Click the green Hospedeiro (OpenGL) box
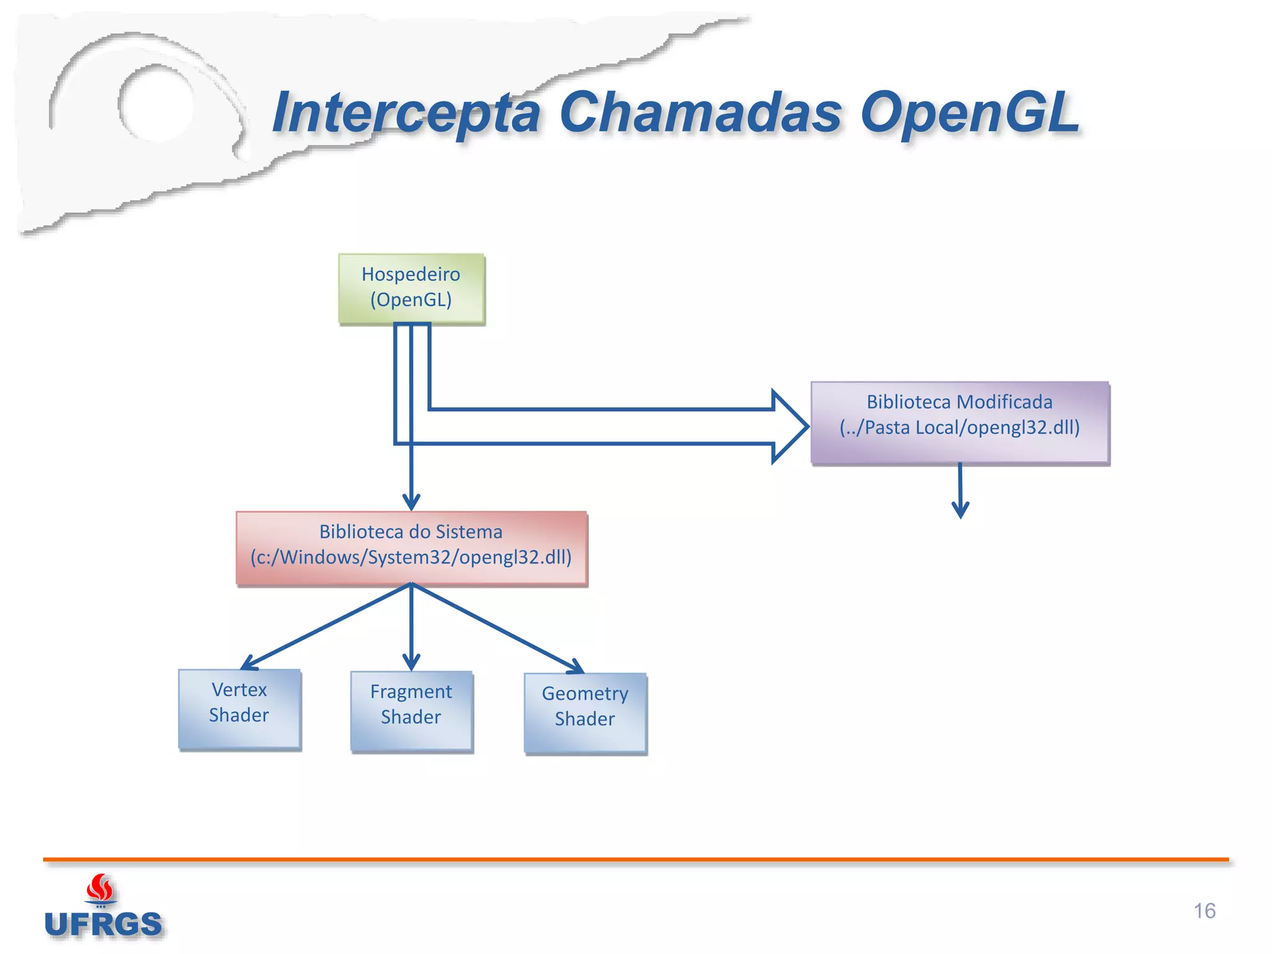click(x=411, y=288)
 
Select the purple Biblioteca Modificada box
click(x=960, y=423)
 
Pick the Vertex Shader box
click(x=239, y=709)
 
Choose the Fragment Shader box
click(x=411, y=711)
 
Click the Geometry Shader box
click(x=585, y=713)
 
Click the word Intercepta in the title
click(x=407, y=113)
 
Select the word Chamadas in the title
click(x=700, y=113)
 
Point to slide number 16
click(x=1204, y=911)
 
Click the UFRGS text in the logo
click(x=103, y=924)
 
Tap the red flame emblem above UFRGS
click(x=100, y=888)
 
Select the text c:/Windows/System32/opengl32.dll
click(x=411, y=557)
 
